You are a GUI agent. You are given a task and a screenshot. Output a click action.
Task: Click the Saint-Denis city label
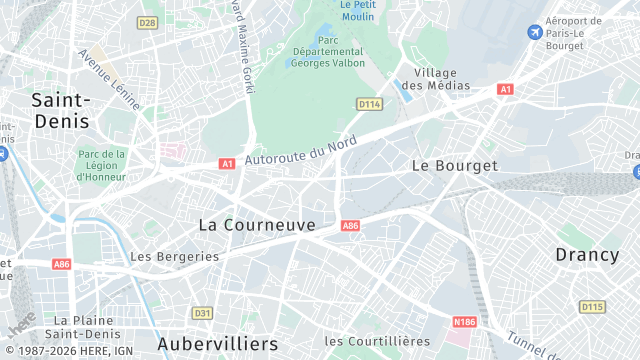coord(60,110)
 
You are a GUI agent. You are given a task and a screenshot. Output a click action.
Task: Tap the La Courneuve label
coord(257,225)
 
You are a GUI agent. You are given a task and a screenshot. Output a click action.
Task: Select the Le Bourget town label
coord(454,165)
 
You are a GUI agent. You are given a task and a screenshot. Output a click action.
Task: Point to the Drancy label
coord(587,255)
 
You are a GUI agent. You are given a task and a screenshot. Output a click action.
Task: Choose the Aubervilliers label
coord(218,344)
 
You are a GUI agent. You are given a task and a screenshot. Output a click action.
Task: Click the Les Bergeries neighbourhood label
coord(175,256)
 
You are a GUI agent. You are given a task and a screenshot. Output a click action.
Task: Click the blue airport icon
coord(535,33)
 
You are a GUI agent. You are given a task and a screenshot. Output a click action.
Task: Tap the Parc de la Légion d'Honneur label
coord(102,165)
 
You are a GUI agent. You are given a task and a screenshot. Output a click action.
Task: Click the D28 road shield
coord(148,22)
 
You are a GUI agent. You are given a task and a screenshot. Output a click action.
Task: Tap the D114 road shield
coord(369,103)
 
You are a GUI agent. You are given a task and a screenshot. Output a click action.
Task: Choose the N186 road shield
coord(464,322)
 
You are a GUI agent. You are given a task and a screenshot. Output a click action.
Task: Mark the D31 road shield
coord(202,313)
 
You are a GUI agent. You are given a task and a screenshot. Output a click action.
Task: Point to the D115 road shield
coord(592,307)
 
